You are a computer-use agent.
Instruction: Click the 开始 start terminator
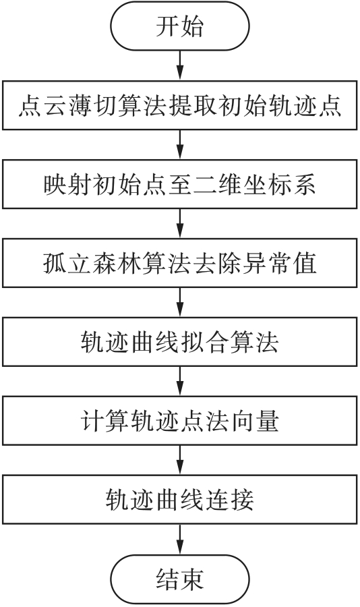coord(180,26)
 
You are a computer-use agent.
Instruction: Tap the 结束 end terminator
coord(180,579)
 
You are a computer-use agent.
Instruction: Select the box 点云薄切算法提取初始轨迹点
coord(180,105)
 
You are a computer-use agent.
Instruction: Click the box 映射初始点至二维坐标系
coord(180,184)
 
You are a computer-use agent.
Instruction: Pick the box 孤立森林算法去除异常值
coord(180,263)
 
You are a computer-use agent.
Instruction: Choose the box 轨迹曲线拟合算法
coord(180,342)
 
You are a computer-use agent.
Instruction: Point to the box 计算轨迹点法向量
coord(180,421)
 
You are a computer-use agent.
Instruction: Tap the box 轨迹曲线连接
coord(180,500)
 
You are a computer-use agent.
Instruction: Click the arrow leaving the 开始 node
coord(180,65)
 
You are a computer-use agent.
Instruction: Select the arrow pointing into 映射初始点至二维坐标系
coord(180,145)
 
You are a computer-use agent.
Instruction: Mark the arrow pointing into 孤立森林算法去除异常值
coord(180,224)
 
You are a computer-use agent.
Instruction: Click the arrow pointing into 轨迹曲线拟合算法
coord(180,302)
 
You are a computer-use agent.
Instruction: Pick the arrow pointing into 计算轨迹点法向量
coord(180,381)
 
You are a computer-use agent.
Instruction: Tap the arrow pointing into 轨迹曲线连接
coord(180,460)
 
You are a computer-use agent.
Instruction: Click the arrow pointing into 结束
coord(180,540)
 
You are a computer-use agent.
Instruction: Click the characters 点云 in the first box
coord(42,106)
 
